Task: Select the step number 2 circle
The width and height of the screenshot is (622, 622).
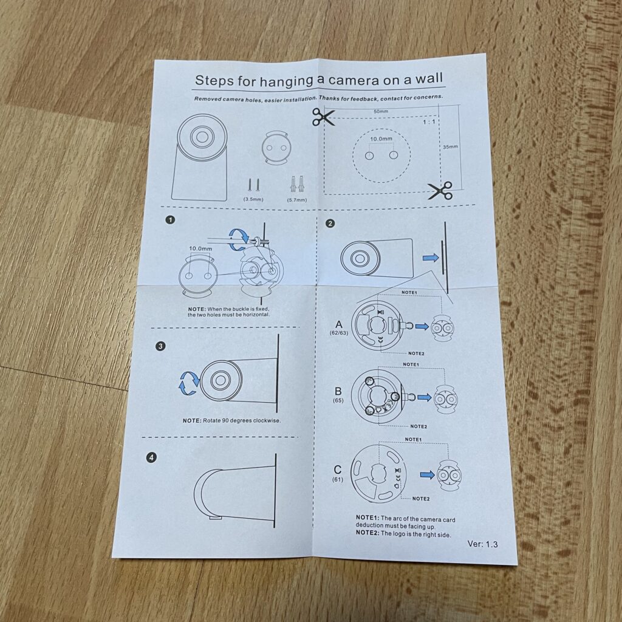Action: [x=330, y=224]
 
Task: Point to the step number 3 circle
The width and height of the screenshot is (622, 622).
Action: [x=160, y=346]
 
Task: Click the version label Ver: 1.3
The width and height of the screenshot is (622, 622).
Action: [x=483, y=544]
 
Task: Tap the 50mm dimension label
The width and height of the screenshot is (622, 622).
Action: [x=381, y=112]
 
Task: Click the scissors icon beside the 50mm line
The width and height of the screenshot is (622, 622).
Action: [x=324, y=117]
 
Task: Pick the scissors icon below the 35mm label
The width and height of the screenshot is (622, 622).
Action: [x=440, y=190]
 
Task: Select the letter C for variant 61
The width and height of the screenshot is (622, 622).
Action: [x=337, y=470]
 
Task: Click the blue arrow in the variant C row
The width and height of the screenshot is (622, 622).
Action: [x=428, y=474]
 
